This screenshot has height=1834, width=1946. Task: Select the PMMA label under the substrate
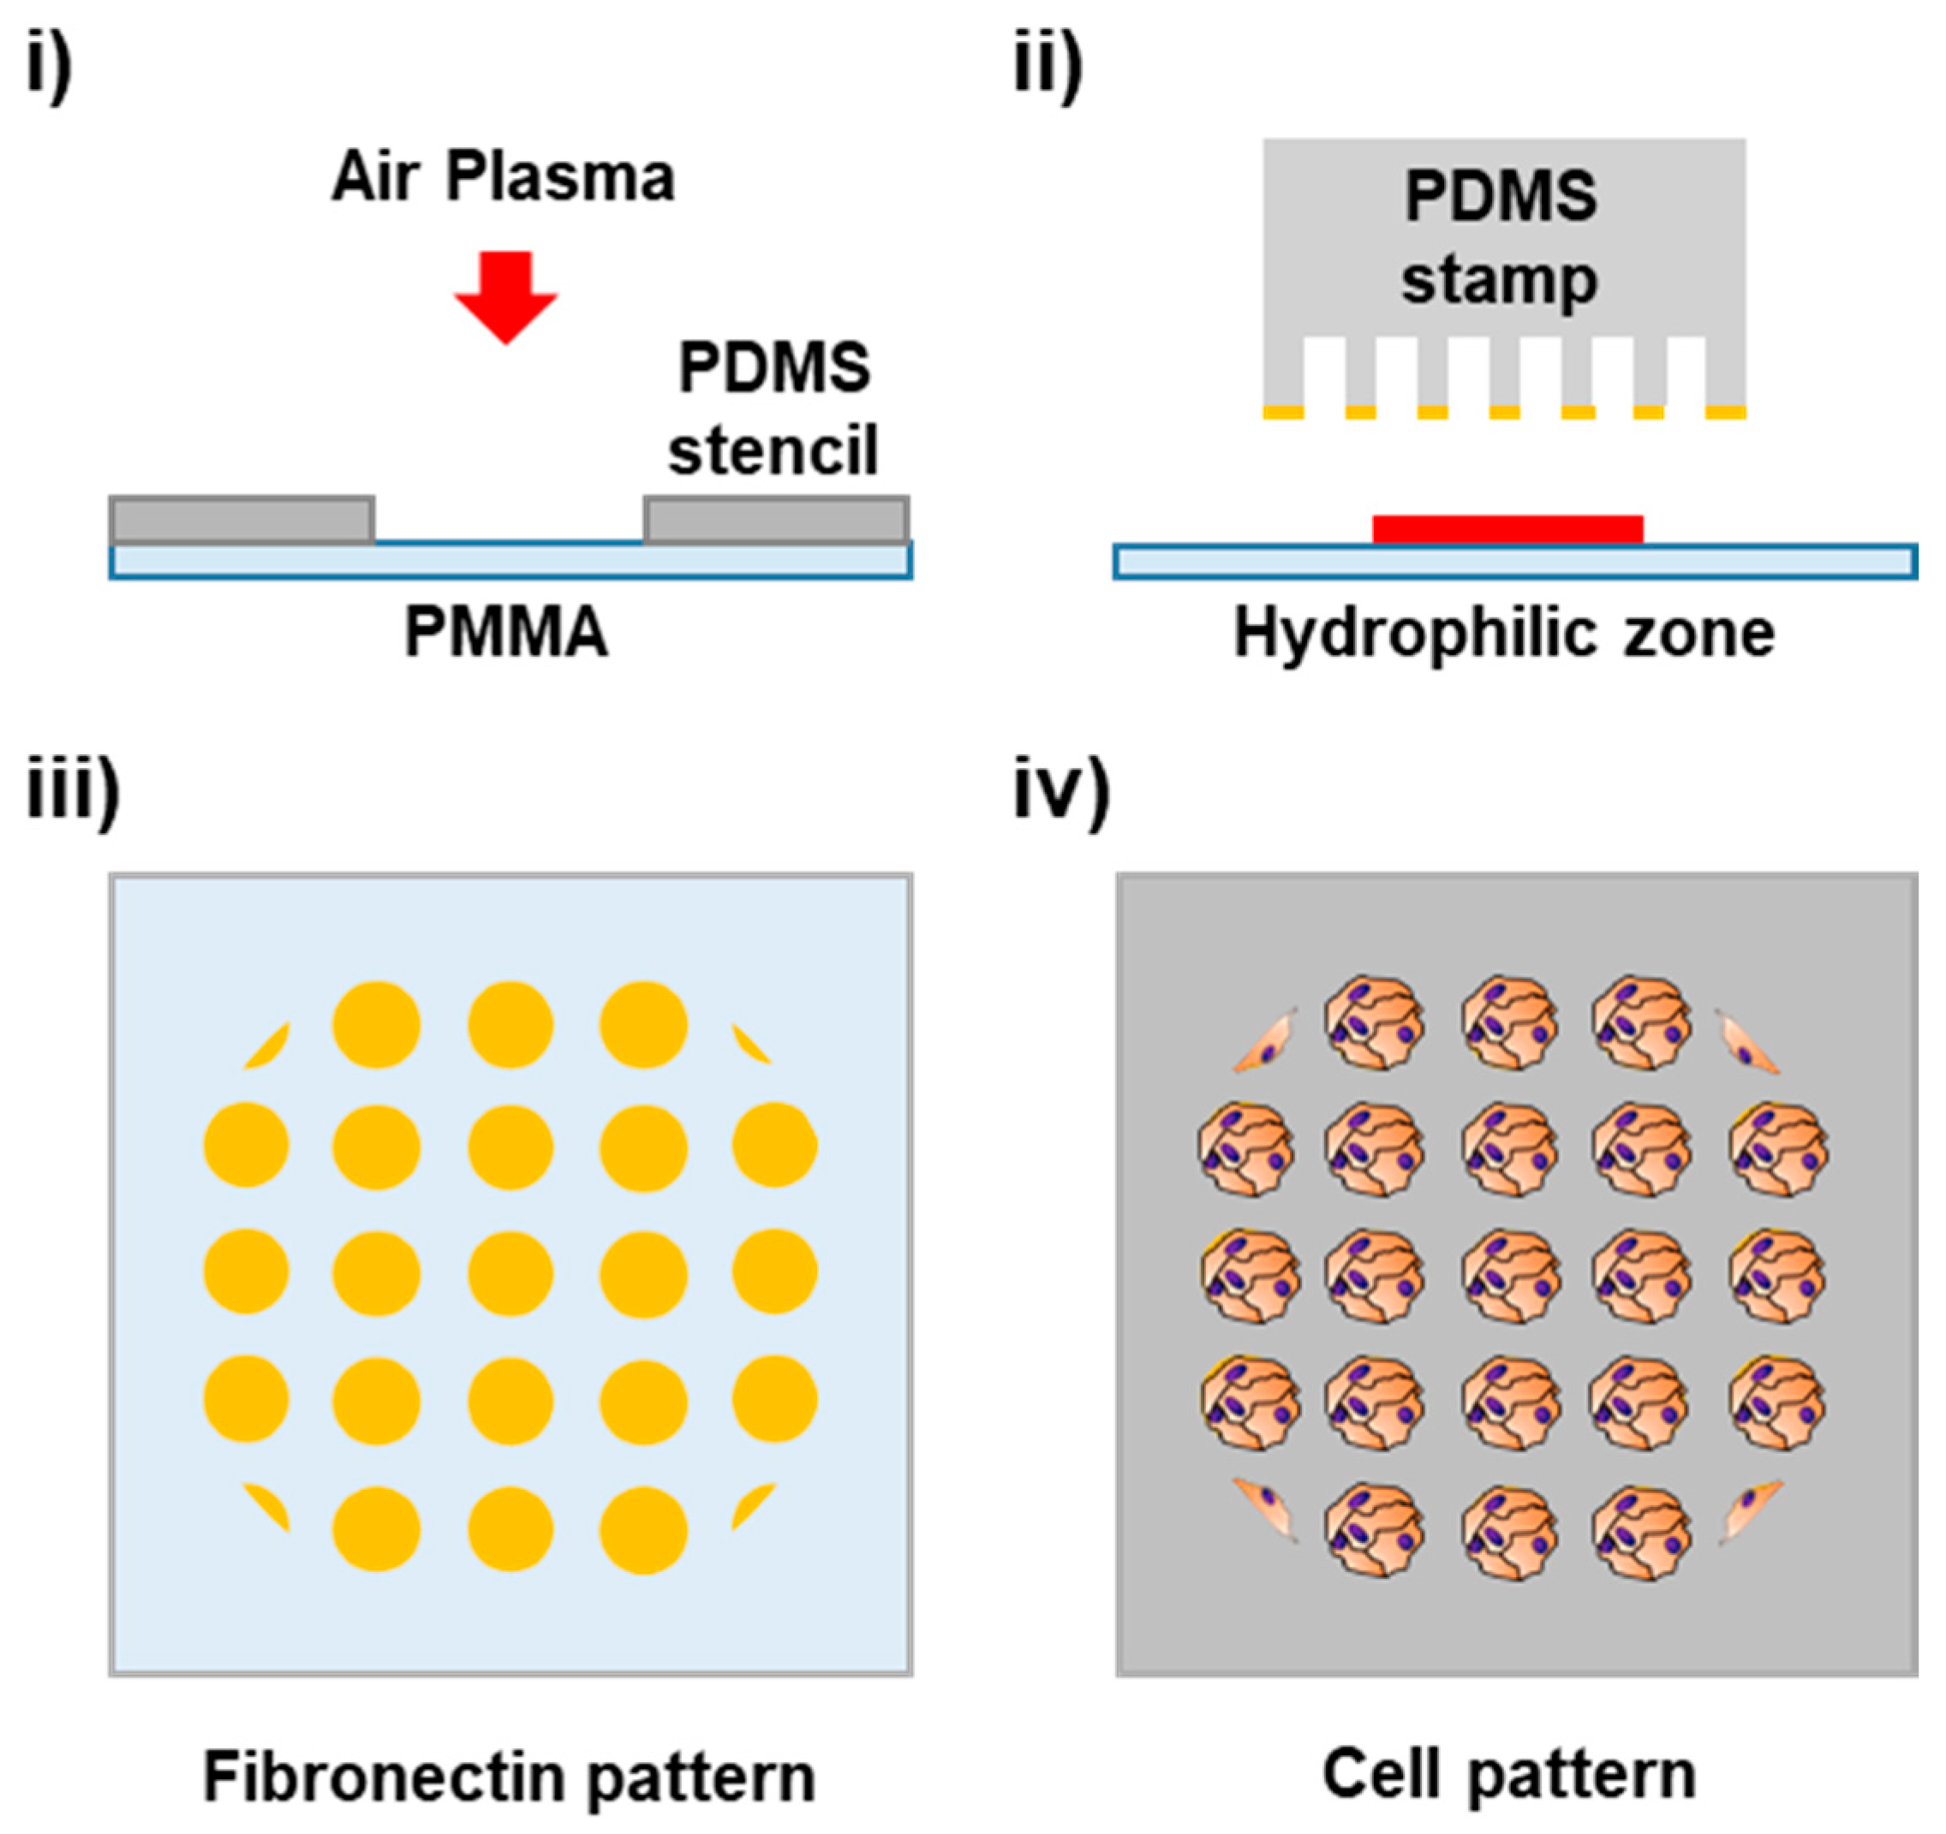tap(506, 634)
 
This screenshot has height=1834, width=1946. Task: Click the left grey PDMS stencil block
tap(242, 520)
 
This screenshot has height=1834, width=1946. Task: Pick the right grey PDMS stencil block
tap(776, 520)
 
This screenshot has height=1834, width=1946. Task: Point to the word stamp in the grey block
tap(1500, 282)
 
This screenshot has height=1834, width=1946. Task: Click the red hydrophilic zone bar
tap(1507, 529)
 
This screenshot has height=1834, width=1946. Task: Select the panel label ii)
tap(1048, 68)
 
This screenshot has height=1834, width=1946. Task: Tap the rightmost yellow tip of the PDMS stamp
tap(1725, 413)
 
